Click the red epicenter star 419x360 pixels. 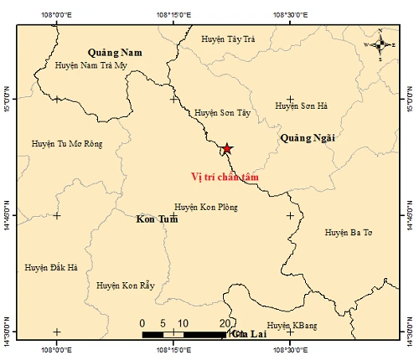coord(227,149)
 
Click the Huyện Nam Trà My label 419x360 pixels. coord(91,64)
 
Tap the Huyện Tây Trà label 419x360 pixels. coord(228,39)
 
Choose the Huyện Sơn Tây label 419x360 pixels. coord(222,112)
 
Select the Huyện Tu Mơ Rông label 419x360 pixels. coord(66,144)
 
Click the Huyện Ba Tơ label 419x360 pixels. coord(348,232)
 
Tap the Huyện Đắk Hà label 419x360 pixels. coord(51,267)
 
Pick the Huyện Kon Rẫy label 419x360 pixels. coord(126,285)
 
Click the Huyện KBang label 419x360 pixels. coord(289,325)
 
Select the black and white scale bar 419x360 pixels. coord(184,335)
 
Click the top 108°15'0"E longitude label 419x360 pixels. coord(173,14)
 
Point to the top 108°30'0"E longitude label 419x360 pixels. coord(289,14)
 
